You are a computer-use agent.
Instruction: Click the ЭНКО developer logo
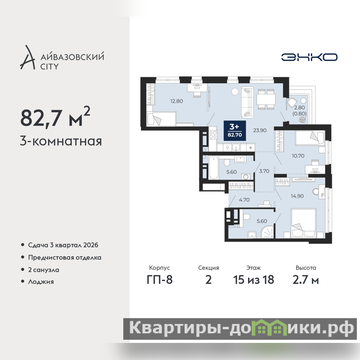click(x=309, y=57)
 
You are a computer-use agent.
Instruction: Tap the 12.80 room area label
click(x=176, y=101)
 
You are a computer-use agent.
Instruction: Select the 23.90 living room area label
click(x=260, y=130)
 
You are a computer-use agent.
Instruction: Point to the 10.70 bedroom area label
click(x=298, y=156)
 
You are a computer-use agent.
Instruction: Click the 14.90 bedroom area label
click(x=297, y=196)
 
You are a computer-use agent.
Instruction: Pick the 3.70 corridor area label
click(x=264, y=171)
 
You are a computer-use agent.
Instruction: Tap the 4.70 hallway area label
click(x=244, y=200)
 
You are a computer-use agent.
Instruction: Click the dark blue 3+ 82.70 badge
click(x=234, y=130)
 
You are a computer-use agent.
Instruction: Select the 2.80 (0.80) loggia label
click(x=299, y=110)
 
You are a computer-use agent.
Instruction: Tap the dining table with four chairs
click(x=266, y=99)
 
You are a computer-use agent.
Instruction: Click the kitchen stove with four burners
click(x=213, y=135)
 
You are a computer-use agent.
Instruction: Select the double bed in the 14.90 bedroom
click(x=303, y=223)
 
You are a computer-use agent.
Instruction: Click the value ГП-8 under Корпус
click(x=160, y=280)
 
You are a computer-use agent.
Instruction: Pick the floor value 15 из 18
click(x=254, y=280)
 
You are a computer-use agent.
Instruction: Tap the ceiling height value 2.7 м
click(x=306, y=280)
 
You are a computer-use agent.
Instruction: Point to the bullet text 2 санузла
click(x=44, y=270)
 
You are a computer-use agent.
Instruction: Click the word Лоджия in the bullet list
click(x=41, y=282)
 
